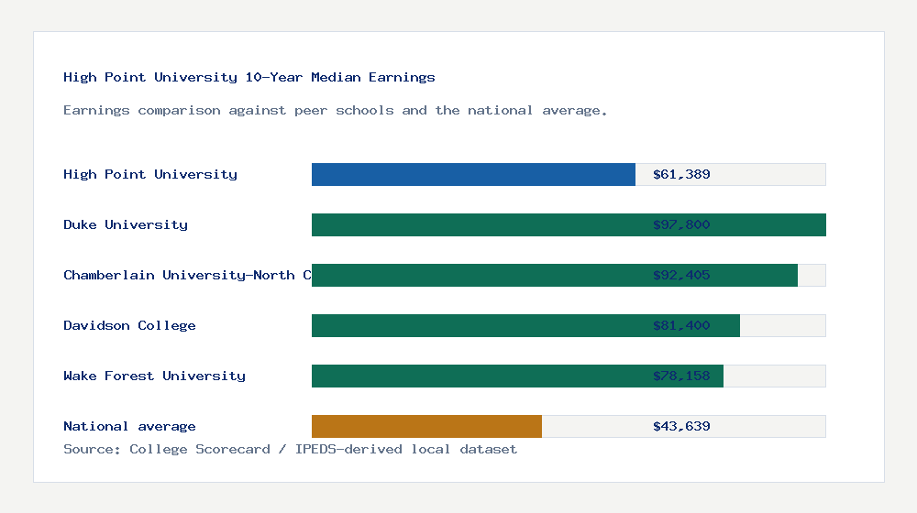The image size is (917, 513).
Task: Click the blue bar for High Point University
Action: tap(473, 174)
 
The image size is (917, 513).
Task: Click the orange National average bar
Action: tap(426, 426)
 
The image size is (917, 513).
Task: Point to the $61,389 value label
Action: tap(681, 174)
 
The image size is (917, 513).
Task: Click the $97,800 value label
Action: tap(681, 224)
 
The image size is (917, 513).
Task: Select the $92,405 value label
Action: tap(681, 275)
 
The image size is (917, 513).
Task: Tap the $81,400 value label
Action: tap(681, 325)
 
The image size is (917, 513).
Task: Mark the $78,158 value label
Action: tap(681, 376)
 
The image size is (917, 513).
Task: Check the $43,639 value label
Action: tap(681, 426)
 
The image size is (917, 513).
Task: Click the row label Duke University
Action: tap(126, 224)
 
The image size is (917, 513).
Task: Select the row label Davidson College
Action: tap(129, 325)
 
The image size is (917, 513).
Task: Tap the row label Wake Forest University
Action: tap(154, 376)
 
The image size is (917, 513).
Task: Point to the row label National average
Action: tap(129, 426)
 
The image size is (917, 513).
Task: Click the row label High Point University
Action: tap(150, 174)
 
